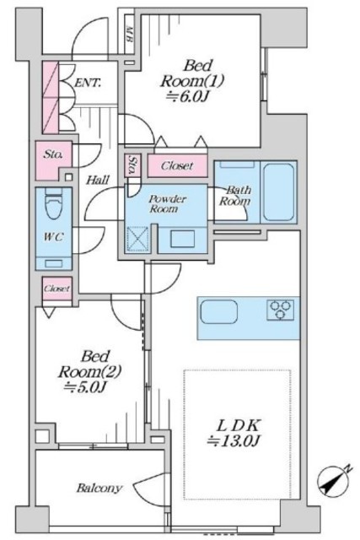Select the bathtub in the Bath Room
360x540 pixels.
coord(278,192)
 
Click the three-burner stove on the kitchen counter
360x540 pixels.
coord(280,310)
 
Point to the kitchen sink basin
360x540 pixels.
coord(219,311)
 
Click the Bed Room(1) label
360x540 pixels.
coord(191,81)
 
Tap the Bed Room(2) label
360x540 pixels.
coord(89,372)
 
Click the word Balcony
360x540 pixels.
coord(99,488)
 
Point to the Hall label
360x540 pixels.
coord(98,180)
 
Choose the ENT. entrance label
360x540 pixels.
coord(88,83)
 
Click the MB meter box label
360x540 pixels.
coord(129,34)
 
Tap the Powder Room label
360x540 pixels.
coord(166,204)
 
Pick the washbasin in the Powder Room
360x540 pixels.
coord(182,239)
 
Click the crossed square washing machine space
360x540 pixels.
coord(137,238)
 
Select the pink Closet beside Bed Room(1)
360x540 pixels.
coord(178,165)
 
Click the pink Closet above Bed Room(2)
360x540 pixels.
coord(57,289)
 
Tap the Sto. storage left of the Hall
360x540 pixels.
coord(54,160)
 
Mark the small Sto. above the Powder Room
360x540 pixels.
coord(132,165)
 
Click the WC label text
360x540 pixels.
coord(54,237)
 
